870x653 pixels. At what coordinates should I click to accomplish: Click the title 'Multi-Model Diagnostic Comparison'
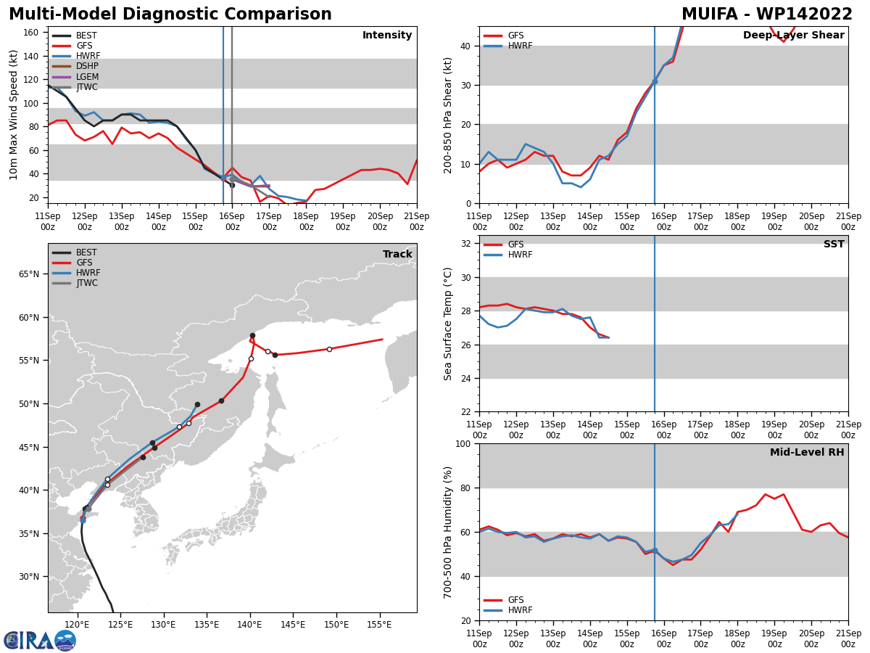click(x=170, y=14)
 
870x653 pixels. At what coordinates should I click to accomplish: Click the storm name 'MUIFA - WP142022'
click(x=767, y=14)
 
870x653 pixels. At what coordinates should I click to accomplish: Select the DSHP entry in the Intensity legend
click(x=75, y=66)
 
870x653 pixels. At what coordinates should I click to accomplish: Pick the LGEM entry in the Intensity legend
click(x=75, y=76)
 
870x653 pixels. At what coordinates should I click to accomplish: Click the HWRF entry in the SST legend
click(x=508, y=255)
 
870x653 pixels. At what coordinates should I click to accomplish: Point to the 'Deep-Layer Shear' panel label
click(x=793, y=35)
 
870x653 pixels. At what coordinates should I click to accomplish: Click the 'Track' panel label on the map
click(x=397, y=254)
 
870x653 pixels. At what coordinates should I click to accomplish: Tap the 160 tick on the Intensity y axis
click(x=31, y=33)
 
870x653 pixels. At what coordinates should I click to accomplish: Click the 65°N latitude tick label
click(x=29, y=274)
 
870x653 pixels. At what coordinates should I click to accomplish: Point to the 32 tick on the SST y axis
click(x=465, y=244)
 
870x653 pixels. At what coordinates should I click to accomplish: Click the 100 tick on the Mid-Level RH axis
click(x=463, y=443)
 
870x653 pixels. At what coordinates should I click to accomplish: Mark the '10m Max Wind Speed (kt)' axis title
click(x=13, y=115)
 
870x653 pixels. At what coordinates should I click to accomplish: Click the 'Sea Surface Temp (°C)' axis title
click(x=447, y=324)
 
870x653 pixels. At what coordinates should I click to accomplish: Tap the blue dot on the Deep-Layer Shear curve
click(x=655, y=82)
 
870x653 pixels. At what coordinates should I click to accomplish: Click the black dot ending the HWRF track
click(x=197, y=404)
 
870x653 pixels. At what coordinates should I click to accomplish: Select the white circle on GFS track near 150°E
click(x=329, y=349)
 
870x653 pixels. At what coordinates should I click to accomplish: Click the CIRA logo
click(x=40, y=641)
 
